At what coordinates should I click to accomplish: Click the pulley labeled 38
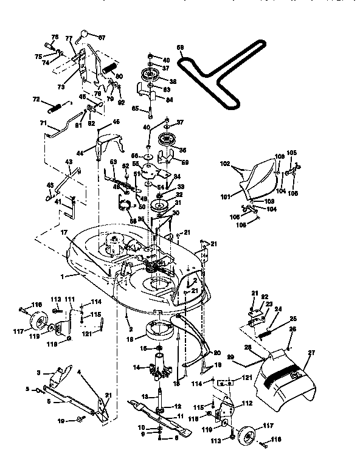[x=148, y=76]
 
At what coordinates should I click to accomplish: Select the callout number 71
[x=43, y=123]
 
